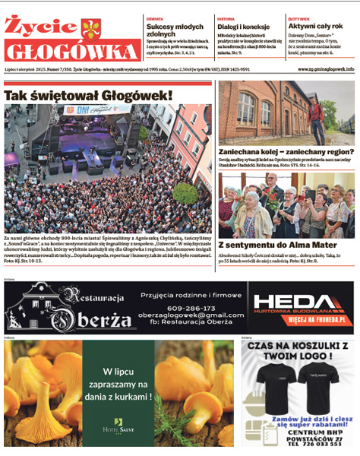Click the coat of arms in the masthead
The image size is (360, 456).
(x=90, y=30)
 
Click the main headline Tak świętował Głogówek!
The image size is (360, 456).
(x=89, y=96)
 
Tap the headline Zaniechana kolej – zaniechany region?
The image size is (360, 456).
(x=286, y=151)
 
